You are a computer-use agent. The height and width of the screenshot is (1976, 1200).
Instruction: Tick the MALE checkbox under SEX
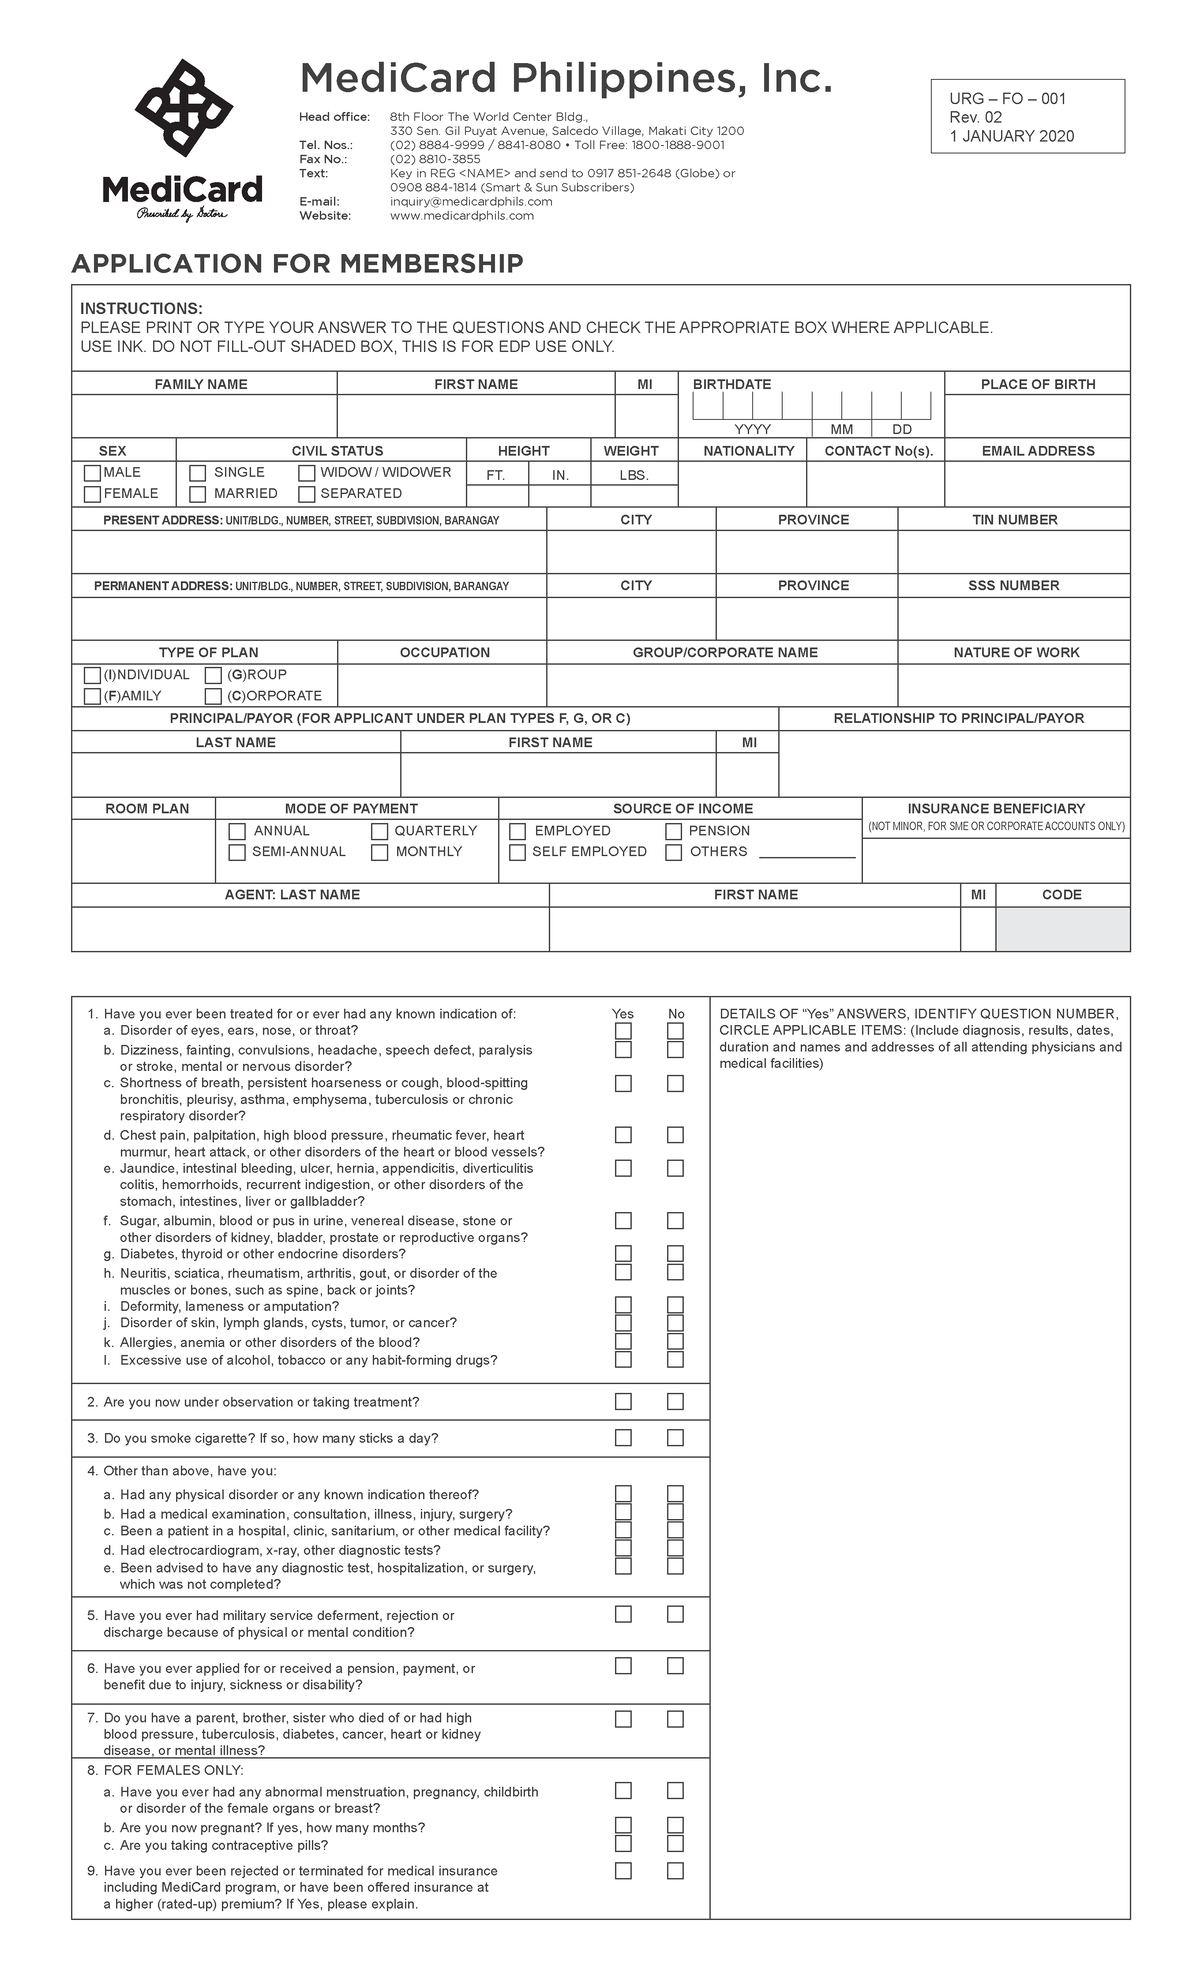click(93, 473)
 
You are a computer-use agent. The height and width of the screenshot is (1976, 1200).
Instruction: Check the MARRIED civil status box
click(198, 494)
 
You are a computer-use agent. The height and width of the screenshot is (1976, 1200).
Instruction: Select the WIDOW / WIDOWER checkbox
click(307, 473)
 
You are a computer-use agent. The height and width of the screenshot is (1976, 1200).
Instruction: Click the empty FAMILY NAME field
click(204, 416)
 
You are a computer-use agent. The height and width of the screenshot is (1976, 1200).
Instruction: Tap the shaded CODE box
click(1062, 929)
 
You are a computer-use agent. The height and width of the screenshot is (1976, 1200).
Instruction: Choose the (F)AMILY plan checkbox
click(93, 696)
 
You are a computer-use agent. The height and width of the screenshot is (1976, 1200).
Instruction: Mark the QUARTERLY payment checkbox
click(379, 831)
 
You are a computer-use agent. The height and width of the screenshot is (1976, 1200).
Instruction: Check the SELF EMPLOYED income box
click(517, 852)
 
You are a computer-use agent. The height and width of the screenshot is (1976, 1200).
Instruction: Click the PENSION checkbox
click(674, 831)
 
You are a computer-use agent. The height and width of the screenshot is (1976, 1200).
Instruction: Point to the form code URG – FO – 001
click(1008, 99)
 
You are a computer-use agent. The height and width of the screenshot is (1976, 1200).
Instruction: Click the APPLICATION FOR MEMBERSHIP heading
click(297, 264)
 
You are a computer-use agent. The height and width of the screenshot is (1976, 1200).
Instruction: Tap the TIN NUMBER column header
click(1014, 520)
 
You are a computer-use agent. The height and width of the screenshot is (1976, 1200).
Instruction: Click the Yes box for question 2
click(623, 1402)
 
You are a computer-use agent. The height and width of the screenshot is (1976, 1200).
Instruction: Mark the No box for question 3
click(675, 1438)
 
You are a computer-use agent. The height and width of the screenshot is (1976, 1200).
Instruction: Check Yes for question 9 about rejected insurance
click(623, 1871)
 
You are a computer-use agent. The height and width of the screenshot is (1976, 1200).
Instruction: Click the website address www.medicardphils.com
click(461, 216)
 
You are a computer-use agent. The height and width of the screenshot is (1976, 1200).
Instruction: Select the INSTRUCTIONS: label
click(141, 308)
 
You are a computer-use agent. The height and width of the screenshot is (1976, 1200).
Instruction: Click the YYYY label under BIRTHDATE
click(752, 430)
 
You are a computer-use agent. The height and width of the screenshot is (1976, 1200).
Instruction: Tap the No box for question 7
click(675, 1719)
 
